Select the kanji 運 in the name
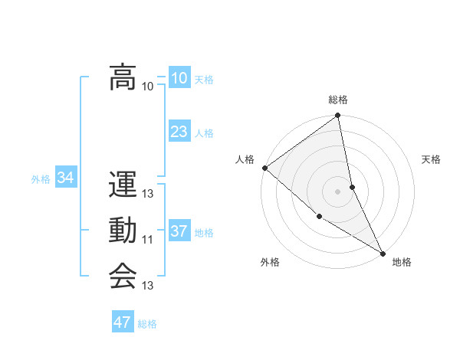tap(122, 186)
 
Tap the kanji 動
tap(122, 231)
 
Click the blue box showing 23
tap(179, 132)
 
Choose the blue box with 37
tap(179, 231)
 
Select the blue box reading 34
tap(66, 178)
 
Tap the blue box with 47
tap(123, 322)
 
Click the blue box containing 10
tap(179, 78)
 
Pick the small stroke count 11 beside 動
tap(148, 240)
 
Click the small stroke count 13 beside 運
tap(148, 195)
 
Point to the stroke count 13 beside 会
tap(148, 286)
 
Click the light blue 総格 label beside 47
tap(147, 324)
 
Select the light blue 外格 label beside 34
tap(41, 179)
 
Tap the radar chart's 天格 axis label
tap(431, 159)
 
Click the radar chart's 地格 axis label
tap(402, 262)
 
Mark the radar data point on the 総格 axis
tap(338, 116)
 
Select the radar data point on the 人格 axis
tap(264, 168)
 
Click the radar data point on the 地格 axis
tap(382, 252)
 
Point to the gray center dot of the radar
tap(338, 191)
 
